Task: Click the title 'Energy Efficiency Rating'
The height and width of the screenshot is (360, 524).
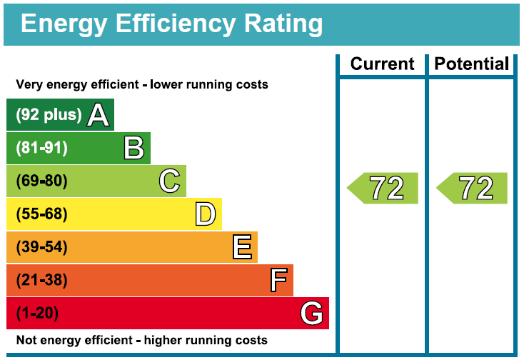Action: tap(171, 24)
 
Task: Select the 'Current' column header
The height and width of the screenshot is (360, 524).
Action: tap(382, 64)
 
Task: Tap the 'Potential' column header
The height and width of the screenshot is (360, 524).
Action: tap(472, 64)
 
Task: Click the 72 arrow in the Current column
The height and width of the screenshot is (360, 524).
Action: tap(383, 188)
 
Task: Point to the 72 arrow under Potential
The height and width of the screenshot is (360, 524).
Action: tap(472, 188)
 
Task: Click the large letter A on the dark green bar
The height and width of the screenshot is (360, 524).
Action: tap(98, 115)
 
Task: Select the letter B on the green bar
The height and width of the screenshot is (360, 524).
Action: tap(133, 148)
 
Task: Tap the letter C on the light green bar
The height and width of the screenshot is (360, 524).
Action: tap(169, 181)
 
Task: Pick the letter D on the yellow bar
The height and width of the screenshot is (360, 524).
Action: tap(206, 214)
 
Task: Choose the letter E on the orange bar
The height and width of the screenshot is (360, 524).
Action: tap(242, 247)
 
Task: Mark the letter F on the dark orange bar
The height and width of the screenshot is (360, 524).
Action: tap(278, 280)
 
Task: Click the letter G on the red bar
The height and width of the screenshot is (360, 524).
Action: tap(311, 313)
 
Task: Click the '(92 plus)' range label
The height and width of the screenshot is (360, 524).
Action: tap(49, 115)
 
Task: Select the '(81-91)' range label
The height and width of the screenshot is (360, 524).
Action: tap(42, 148)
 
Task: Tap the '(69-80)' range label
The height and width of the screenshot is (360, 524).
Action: tap(42, 181)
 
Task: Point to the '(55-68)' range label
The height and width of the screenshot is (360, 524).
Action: tap(42, 214)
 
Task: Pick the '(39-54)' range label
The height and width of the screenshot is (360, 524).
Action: tap(42, 247)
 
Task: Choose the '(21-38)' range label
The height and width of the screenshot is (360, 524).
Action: tap(42, 280)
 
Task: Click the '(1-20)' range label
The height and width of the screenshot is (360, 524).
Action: tap(37, 313)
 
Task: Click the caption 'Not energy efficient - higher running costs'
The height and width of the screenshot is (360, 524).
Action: tap(142, 340)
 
